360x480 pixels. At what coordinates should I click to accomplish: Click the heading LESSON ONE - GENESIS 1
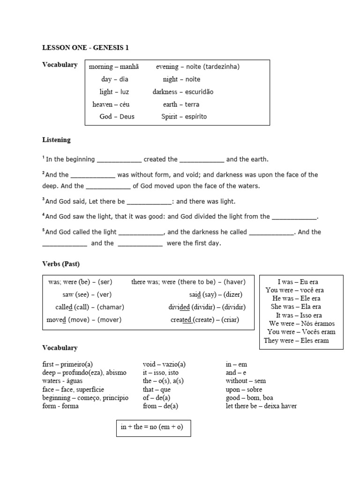(x=85, y=47)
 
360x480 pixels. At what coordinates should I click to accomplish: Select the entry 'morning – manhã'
(x=114, y=67)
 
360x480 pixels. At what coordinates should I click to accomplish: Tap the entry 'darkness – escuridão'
(x=183, y=92)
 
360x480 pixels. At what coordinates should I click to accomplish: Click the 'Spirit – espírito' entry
(x=184, y=117)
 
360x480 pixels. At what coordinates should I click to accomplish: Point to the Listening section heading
(x=56, y=140)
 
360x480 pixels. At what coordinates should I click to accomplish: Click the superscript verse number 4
(x=44, y=215)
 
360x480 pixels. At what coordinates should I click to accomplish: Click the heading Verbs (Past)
(x=58, y=264)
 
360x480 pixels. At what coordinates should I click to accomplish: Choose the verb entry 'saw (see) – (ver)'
(x=87, y=295)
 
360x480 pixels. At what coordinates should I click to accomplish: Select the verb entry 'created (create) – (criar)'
(x=205, y=320)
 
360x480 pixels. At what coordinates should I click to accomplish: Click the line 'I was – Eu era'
(x=298, y=282)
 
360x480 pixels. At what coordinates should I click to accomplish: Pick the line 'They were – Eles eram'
(x=296, y=341)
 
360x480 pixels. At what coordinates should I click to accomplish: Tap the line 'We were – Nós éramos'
(x=302, y=324)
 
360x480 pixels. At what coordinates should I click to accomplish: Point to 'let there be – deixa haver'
(x=261, y=406)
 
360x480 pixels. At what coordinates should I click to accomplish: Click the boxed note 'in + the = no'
(x=153, y=427)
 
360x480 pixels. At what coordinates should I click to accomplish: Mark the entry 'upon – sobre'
(x=244, y=390)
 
